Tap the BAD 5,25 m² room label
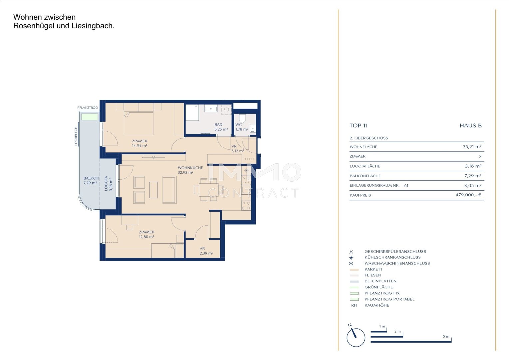point(221,127)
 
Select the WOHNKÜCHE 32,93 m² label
point(190,170)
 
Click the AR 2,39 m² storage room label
point(206,251)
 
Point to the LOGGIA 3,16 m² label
point(108,183)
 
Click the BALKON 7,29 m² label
point(91,180)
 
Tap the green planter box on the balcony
point(90,117)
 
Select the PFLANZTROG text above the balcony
point(88,108)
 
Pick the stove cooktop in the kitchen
point(246,205)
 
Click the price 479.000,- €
point(468,195)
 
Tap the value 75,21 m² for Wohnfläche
point(472,147)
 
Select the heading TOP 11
point(358,126)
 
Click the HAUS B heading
point(471,126)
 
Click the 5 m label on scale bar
point(446,336)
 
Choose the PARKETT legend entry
point(373,269)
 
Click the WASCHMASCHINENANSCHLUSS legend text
point(397,263)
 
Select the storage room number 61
point(406,186)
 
